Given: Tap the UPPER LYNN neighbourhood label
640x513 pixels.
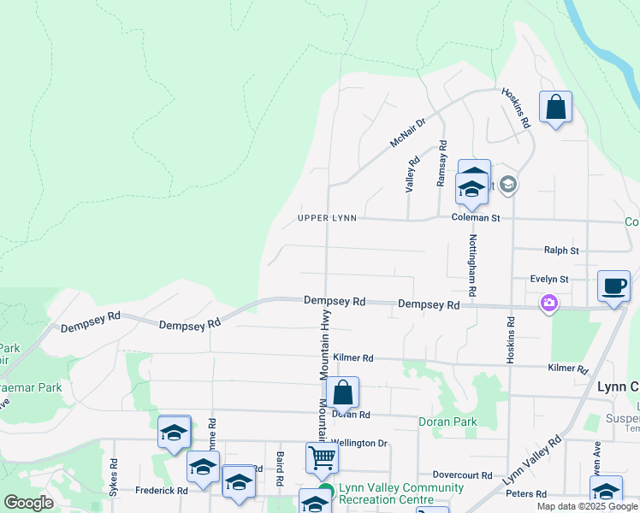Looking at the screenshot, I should (326, 219).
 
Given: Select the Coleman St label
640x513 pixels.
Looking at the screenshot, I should (476, 218).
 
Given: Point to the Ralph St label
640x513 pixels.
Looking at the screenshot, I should (561, 251).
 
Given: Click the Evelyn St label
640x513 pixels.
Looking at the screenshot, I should (549, 280).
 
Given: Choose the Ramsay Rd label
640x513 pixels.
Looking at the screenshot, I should (441, 163).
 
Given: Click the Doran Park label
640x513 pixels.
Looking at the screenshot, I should (447, 422).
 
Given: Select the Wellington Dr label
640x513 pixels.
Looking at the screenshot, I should (359, 444).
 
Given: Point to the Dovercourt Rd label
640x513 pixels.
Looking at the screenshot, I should (462, 475).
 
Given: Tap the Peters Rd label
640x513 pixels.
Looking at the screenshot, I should (525, 494).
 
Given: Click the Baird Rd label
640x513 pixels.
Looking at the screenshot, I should (280, 465).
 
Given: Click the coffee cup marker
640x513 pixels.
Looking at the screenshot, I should (613, 286).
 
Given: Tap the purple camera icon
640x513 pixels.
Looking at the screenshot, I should (548, 303).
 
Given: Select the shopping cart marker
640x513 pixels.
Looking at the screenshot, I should (322, 457).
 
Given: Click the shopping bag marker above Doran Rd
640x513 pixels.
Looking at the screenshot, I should (342, 393).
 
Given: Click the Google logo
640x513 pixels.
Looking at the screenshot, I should (28, 503).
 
